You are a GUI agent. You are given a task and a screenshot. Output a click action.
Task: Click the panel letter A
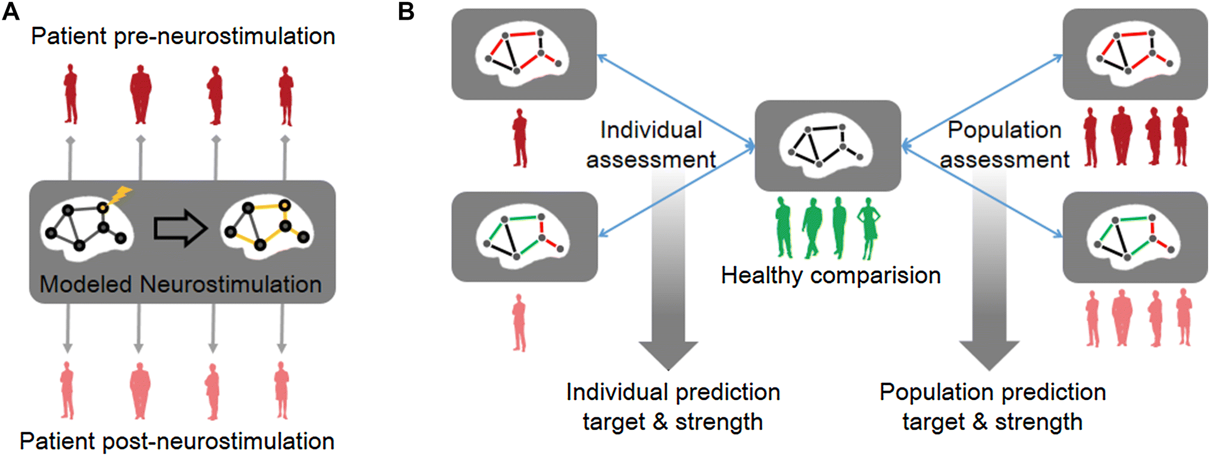coord(10,11)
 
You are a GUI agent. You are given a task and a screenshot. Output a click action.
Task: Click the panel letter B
coord(406,11)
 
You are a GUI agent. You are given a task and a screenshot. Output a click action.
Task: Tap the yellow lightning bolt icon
coord(121,195)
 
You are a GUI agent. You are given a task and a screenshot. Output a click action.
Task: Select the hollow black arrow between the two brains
coord(180,228)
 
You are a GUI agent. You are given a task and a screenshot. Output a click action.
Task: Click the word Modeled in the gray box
coord(85,284)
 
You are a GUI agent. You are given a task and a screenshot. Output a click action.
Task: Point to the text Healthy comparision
coord(831,275)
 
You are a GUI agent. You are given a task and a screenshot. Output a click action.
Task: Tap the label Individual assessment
coord(651,145)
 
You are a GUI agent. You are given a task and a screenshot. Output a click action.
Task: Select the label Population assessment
coord(1005,145)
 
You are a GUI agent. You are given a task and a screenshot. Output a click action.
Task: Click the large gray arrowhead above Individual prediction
coord(668,355)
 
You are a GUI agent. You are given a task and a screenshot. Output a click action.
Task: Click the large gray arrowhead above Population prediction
coord(989,355)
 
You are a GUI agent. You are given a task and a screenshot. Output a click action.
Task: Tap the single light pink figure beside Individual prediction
coord(519,322)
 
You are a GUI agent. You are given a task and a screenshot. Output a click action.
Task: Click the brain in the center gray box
coord(828,145)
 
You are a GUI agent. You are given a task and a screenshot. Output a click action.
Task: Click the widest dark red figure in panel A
coord(141,95)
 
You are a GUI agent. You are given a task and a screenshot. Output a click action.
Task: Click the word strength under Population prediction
coord(1039,422)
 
